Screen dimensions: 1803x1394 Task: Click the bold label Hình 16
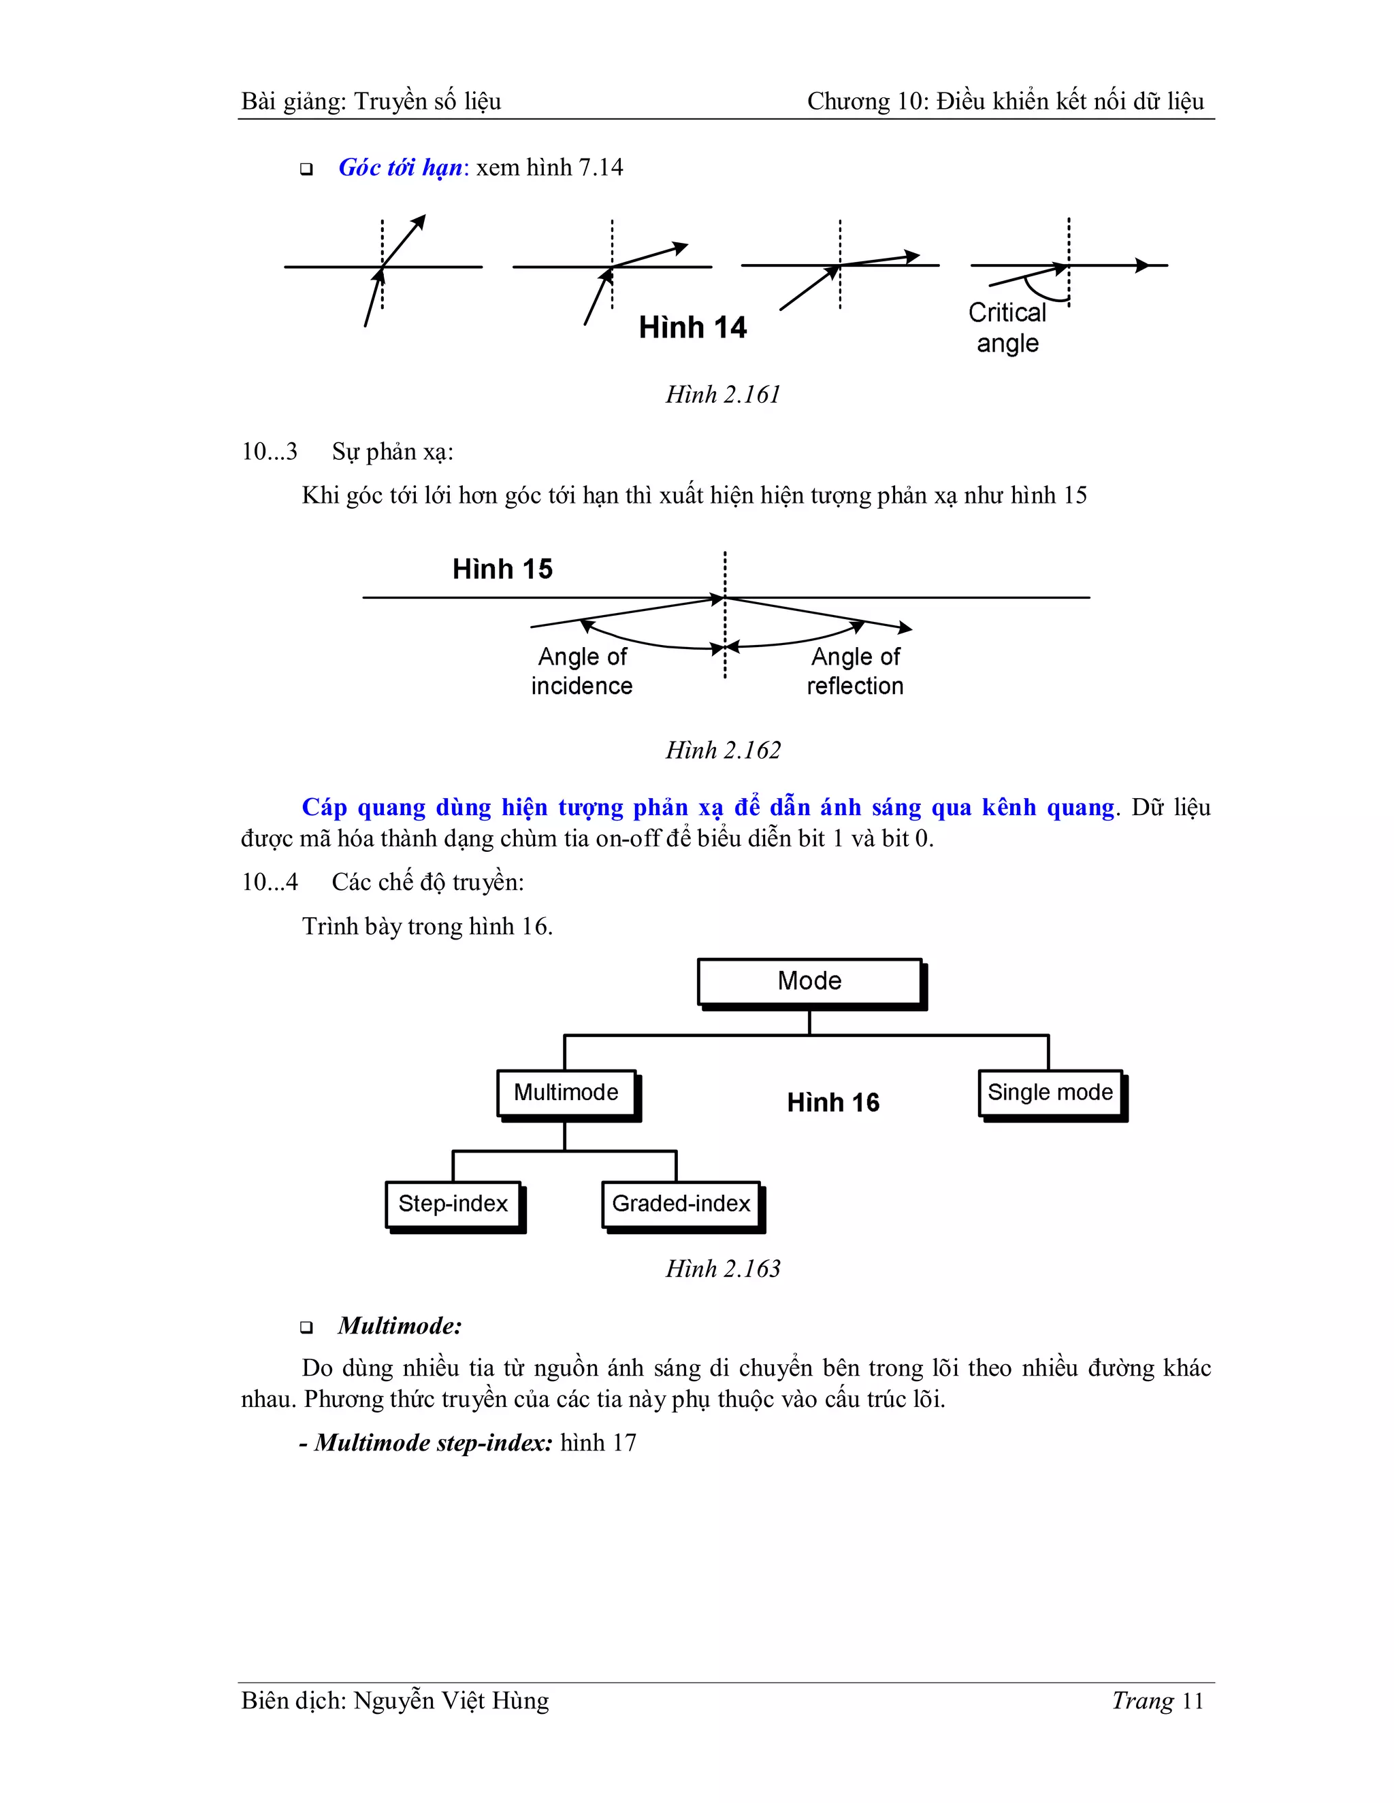(833, 1102)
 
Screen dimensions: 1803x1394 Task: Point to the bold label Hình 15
(502, 569)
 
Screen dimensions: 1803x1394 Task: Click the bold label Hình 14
(692, 328)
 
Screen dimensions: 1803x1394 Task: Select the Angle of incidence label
(582, 671)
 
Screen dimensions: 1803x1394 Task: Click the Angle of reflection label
(856, 671)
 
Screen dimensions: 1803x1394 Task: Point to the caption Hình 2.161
(723, 395)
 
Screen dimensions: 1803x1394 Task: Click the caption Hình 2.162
(723, 750)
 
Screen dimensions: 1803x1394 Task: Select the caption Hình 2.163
(723, 1269)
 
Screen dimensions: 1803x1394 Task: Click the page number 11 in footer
(1193, 1702)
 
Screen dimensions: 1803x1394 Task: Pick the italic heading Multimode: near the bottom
(400, 1327)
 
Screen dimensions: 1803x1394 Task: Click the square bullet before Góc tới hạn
(306, 170)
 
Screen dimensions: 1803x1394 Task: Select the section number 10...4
(270, 882)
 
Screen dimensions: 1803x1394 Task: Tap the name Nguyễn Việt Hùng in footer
(451, 1702)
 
